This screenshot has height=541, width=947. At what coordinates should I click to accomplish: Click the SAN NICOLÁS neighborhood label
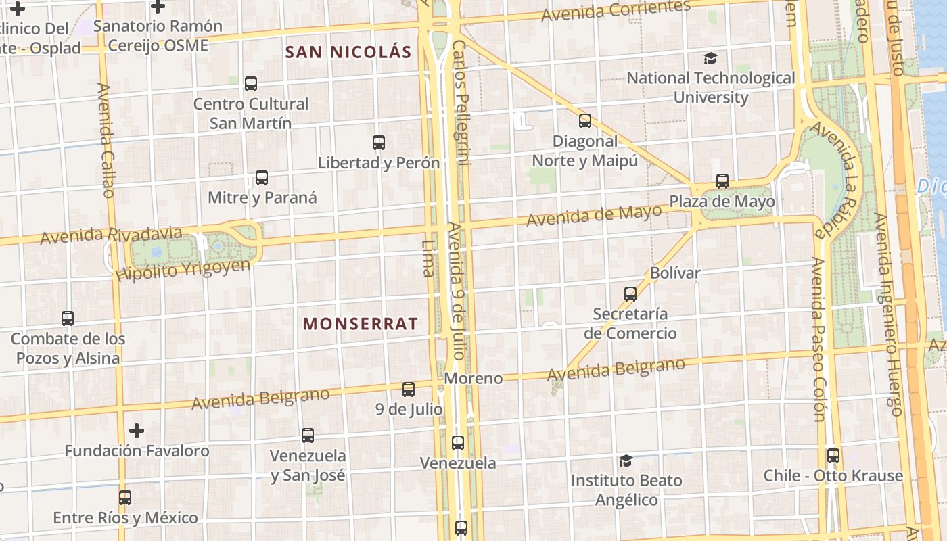click(348, 52)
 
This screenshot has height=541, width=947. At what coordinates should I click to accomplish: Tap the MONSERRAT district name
click(360, 324)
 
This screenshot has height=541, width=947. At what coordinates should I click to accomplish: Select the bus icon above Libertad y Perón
click(379, 143)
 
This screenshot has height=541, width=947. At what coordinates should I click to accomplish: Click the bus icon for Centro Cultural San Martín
click(251, 84)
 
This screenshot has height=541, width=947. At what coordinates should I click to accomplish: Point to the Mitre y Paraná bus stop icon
click(262, 178)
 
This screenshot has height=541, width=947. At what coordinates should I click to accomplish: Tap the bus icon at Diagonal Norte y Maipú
click(585, 121)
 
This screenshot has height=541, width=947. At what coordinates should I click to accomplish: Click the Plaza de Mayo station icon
click(722, 181)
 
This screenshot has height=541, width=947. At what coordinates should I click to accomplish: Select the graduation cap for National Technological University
click(710, 59)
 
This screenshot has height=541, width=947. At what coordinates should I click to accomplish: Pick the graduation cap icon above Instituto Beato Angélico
click(626, 461)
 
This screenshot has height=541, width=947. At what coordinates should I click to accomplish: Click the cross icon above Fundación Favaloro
click(137, 431)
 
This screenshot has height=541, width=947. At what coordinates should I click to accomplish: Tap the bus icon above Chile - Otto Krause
click(833, 456)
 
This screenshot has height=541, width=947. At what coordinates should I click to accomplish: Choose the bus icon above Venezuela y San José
click(308, 436)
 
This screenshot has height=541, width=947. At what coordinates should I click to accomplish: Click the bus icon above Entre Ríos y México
click(125, 498)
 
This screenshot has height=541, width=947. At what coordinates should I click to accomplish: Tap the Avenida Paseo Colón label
click(818, 339)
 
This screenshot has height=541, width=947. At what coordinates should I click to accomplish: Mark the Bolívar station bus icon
click(630, 293)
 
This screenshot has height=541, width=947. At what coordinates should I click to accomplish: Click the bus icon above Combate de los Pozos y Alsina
click(68, 318)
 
